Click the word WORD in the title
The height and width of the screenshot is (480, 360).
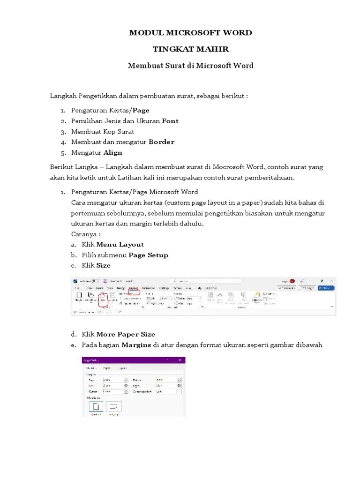(x=238, y=33)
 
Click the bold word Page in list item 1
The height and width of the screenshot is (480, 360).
(x=141, y=110)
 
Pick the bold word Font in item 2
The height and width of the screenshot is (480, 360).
(x=170, y=121)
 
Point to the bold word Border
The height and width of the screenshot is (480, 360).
(x=162, y=142)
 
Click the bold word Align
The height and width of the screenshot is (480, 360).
(x=112, y=152)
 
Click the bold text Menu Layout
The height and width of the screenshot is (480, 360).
(x=120, y=244)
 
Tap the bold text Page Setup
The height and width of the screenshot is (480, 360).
(x=148, y=255)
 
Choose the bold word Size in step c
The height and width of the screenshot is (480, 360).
(x=104, y=265)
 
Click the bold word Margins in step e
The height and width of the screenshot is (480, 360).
(x=136, y=345)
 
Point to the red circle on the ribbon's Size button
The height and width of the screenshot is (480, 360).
(x=103, y=299)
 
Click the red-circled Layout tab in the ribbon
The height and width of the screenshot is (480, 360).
(x=134, y=288)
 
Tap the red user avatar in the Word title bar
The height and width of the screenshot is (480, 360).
(x=292, y=281)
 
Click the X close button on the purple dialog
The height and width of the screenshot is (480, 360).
(x=180, y=360)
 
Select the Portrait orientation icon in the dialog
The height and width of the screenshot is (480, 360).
(x=96, y=406)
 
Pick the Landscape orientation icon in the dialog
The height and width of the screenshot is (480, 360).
(x=114, y=406)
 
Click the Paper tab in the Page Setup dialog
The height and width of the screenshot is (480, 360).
(x=107, y=368)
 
